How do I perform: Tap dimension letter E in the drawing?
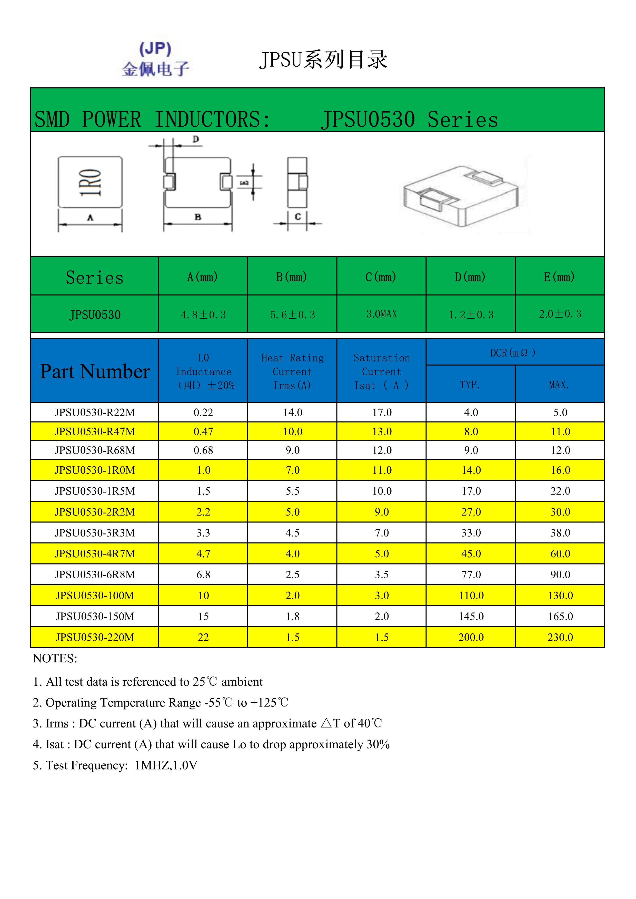coord(244,183)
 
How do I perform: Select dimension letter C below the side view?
coord(298,217)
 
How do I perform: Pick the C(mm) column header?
coord(381,277)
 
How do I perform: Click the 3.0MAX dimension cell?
coord(381,314)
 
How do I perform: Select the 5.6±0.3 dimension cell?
coord(292,315)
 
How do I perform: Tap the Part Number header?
coord(95,371)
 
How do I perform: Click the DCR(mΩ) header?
coord(513,353)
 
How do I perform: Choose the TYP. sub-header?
coord(470,385)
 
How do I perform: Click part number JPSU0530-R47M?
coord(95,431)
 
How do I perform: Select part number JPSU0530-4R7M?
coord(95,554)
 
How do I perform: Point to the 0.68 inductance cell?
coord(203,450)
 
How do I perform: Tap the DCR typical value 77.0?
coord(471,575)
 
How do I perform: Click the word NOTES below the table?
coord(55,659)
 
